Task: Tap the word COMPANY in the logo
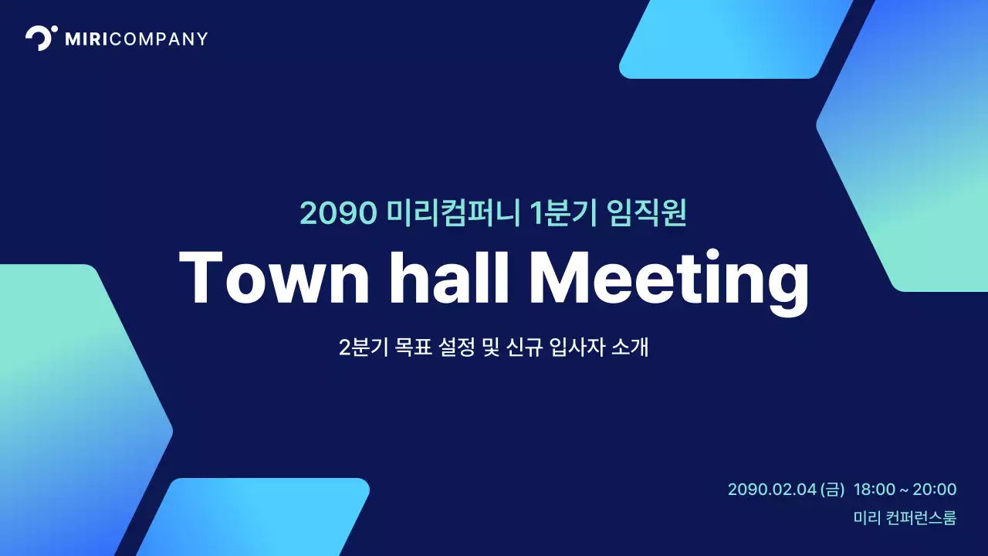click(159, 39)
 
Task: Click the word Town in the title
click(274, 278)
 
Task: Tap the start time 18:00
click(875, 490)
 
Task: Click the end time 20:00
click(935, 490)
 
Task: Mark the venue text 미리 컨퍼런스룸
click(905, 518)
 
